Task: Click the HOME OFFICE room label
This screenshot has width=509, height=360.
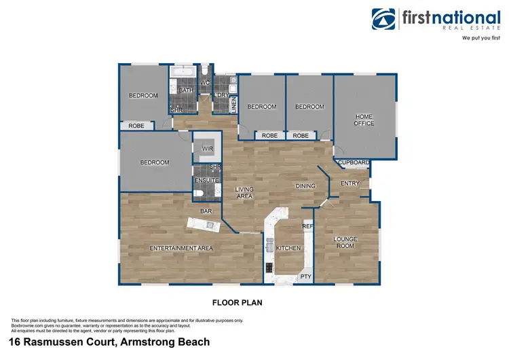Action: click(364, 120)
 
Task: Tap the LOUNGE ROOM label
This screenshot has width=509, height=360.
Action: click(345, 243)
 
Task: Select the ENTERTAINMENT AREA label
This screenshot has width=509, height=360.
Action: click(181, 249)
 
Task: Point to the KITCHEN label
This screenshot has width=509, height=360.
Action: click(288, 249)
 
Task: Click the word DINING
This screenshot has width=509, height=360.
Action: click(306, 185)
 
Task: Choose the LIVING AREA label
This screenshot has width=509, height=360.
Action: click(244, 192)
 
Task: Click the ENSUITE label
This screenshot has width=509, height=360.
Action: click(207, 180)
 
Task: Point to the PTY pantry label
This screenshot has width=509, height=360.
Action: click(306, 276)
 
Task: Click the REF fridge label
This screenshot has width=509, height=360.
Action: click(307, 226)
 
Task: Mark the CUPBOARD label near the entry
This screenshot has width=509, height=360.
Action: click(354, 163)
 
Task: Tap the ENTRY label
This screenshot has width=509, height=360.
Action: click(350, 183)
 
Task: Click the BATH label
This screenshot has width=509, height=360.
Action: click(186, 90)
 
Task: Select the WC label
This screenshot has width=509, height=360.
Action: click(204, 83)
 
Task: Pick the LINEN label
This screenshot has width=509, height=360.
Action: click(233, 105)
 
